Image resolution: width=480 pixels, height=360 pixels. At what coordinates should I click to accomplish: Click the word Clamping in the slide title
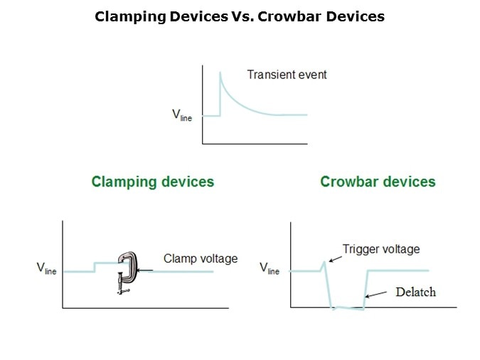point(130,17)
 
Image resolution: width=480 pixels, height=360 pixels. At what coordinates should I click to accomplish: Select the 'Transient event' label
point(287,75)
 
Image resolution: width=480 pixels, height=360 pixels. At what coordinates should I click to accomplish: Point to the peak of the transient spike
point(220,73)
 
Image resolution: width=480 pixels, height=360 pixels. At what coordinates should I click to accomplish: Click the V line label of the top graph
point(182,115)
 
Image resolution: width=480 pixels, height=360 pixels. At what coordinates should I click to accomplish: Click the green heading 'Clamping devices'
point(153,182)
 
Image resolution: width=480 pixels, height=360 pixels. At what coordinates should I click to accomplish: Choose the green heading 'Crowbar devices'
point(378,181)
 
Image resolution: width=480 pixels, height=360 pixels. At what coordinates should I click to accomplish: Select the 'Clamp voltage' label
point(201,258)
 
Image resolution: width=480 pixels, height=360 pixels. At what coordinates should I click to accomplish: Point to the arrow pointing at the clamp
point(145,270)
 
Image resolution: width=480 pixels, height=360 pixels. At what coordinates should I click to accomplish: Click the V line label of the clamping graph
point(46,268)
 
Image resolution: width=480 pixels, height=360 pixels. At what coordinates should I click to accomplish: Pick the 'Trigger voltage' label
point(381,249)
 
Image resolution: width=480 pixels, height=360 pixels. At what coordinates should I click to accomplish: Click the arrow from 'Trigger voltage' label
point(335,259)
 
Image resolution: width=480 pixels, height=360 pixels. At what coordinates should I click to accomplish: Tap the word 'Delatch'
point(416,292)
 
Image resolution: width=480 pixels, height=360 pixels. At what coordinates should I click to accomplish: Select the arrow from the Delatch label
point(376,295)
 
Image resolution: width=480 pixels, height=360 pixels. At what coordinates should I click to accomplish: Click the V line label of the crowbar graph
point(270,268)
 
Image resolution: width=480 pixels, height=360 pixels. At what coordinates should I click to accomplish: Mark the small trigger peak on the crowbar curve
point(324,263)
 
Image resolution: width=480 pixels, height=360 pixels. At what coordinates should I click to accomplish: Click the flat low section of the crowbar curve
point(348,308)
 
